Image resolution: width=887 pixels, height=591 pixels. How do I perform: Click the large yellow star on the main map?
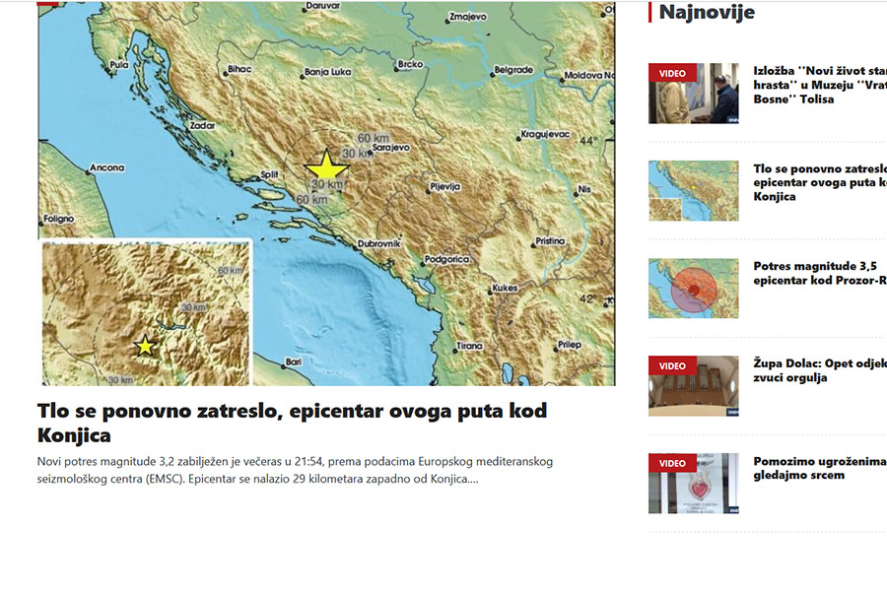point(325,165)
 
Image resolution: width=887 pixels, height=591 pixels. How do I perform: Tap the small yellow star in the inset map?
point(146,345)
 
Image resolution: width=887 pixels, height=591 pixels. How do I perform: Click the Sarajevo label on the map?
point(388,148)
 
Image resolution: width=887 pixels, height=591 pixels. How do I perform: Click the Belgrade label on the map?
point(513,70)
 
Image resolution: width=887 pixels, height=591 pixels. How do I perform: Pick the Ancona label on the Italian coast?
point(106,168)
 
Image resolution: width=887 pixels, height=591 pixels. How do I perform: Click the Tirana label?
point(469,346)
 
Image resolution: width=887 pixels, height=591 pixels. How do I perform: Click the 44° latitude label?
point(588,141)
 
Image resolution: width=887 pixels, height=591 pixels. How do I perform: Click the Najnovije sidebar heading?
point(707,12)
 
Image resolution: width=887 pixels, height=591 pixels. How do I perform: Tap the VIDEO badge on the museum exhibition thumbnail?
point(672,73)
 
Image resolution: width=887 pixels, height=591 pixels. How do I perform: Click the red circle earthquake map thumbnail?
point(693,288)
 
